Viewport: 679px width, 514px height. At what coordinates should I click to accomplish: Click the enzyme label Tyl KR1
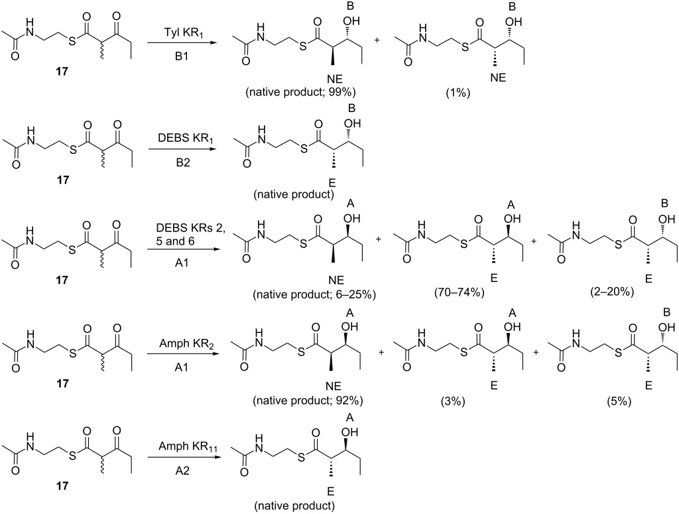coord(183,33)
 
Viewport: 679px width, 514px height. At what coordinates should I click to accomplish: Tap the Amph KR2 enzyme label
coord(180,344)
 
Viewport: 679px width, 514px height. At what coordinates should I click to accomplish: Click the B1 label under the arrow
coord(182,56)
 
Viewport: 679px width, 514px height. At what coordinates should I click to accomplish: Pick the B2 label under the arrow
coord(182,162)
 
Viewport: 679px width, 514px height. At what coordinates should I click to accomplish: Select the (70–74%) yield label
coord(459,292)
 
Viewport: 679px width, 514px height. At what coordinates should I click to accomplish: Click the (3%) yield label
coord(452,401)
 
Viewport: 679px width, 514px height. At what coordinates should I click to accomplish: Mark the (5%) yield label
coord(619,401)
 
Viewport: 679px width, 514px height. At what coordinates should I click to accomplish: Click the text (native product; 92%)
coord(308,401)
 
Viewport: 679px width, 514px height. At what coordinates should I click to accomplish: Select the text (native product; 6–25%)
coord(314,294)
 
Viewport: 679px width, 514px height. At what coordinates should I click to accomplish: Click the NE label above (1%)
coord(498,78)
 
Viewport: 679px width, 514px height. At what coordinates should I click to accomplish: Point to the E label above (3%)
coord(493,385)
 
